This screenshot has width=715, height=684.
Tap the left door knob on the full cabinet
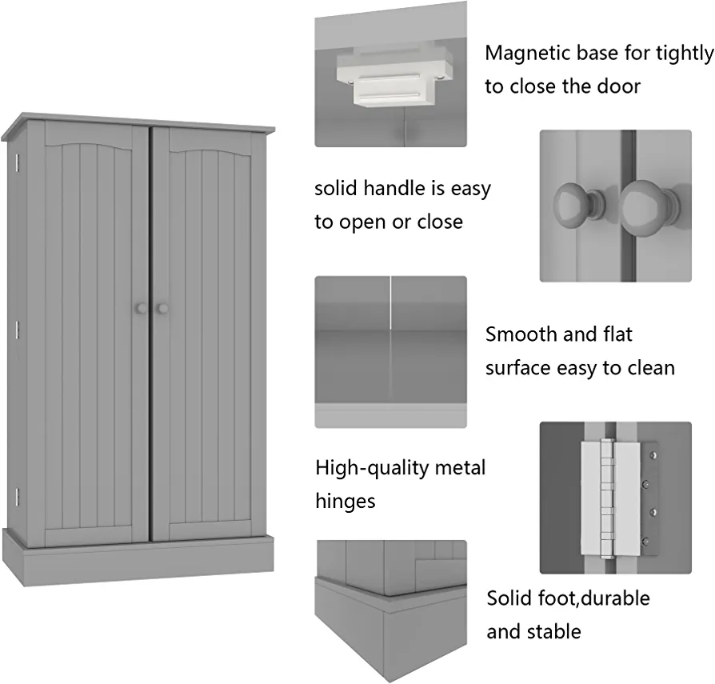pyautogui.click(x=142, y=308)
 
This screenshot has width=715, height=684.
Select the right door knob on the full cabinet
pyautogui.click(x=162, y=309)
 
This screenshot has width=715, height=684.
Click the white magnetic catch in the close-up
pyautogui.click(x=395, y=74)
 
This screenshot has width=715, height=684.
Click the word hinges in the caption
pyautogui.click(x=346, y=502)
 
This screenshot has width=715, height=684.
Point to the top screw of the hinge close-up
pyautogui.click(x=653, y=455)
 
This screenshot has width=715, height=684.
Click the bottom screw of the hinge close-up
pyautogui.click(x=645, y=542)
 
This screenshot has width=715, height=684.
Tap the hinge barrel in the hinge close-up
pyautogui.click(x=606, y=498)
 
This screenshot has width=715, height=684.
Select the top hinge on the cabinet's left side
pyautogui.click(x=17, y=163)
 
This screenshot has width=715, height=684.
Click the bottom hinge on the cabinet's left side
pyautogui.click(x=17, y=497)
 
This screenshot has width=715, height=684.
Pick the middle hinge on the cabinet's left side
pyautogui.click(x=17, y=330)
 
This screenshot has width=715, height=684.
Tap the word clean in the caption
pyautogui.click(x=651, y=368)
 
